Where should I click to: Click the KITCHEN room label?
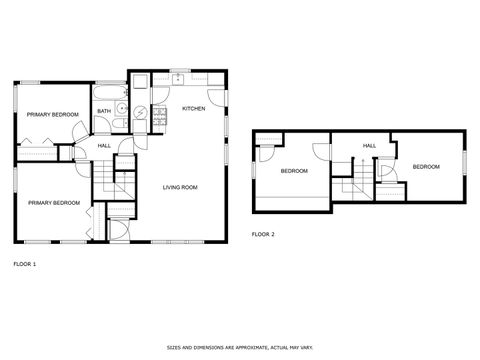tap(193, 108)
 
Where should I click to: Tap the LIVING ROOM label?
tap(180, 187)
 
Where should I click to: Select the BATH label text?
tap(104, 111)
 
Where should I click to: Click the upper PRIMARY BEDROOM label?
tap(52, 115)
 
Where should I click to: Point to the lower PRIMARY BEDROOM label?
tap(53, 203)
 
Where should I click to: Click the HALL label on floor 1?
tap(104, 147)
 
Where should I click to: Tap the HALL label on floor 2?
tap(369, 146)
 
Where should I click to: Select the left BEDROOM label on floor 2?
tap(294, 171)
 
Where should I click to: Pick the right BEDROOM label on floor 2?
tap(425, 166)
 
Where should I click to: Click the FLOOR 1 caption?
tap(25, 264)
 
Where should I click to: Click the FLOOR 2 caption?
tap(263, 234)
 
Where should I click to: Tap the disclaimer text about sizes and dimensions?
tap(239, 348)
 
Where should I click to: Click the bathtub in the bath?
tap(108, 96)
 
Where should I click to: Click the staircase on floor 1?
tap(106, 180)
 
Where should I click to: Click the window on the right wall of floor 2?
tap(465, 161)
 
